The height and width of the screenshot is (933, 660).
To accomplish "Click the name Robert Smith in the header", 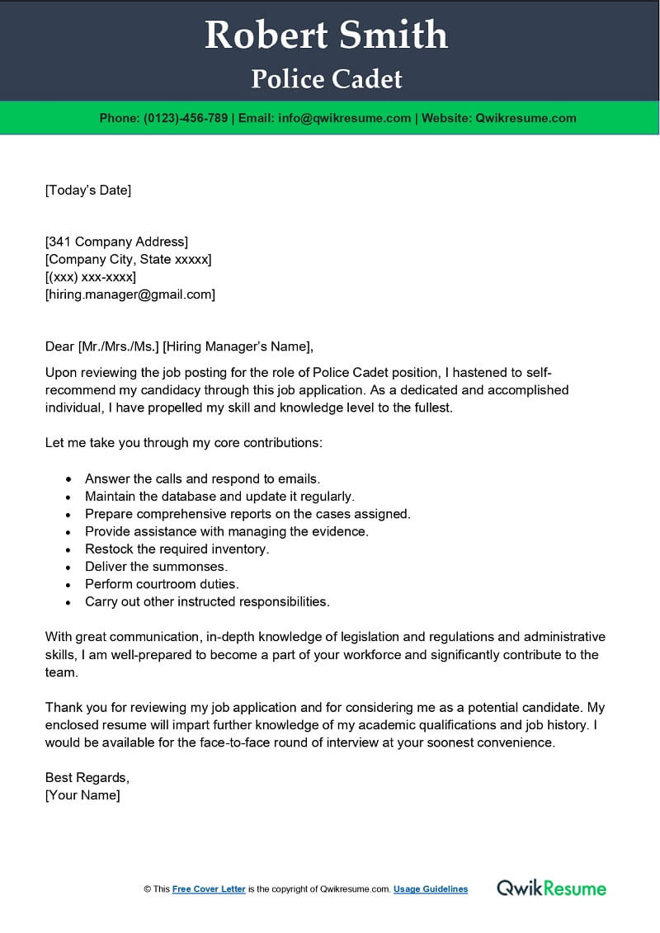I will pyautogui.click(x=327, y=35).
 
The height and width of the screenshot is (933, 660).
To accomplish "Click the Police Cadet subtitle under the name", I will pyautogui.click(x=327, y=79).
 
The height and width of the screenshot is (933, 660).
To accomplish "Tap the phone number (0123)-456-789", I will pyautogui.click(x=186, y=118).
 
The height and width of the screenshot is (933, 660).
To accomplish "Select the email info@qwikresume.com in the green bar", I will pyautogui.click(x=344, y=118).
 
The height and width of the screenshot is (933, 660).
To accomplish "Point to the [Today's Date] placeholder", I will pyautogui.click(x=87, y=191).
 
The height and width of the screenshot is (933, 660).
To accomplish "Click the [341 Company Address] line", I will pyautogui.click(x=116, y=242).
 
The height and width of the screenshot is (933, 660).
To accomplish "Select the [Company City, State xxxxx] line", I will pyautogui.click(x=128, y=259).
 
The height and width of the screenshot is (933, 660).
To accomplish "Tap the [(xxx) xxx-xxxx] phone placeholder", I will pyautogui.click(x=91, y=276).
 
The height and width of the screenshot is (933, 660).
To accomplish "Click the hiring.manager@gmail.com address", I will pyautogui.click(x=130, y=294).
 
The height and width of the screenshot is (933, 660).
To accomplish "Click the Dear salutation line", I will pyautogui.click(x=180, y=346).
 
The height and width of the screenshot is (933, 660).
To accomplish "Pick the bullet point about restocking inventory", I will pyautogui.click(x=177, y=549).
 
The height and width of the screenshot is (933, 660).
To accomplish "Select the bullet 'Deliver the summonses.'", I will pyautogui.click(x=156, y=566).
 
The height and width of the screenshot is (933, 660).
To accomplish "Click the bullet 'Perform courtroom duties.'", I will pyautogui.click(x=162, y=584).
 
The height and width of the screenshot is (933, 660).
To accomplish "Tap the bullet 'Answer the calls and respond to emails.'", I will pyautogui.click(x=202, y=478).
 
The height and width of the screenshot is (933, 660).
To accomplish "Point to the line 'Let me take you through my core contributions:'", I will pyautogui.click(x=183, y=443).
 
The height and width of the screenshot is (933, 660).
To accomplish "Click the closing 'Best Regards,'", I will pyautogui.click(x=87, y=777).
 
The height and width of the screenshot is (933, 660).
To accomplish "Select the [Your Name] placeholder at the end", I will pyautogui.click(x=82, y=795).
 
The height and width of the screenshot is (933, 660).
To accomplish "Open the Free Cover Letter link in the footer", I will pyautogui.click(x=209, y=889).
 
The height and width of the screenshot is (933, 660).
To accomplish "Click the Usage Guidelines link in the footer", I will pyautogui.click(x=431, y=889).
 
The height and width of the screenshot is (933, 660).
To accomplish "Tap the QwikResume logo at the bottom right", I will pyautogui.click(x=551, y=888).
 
